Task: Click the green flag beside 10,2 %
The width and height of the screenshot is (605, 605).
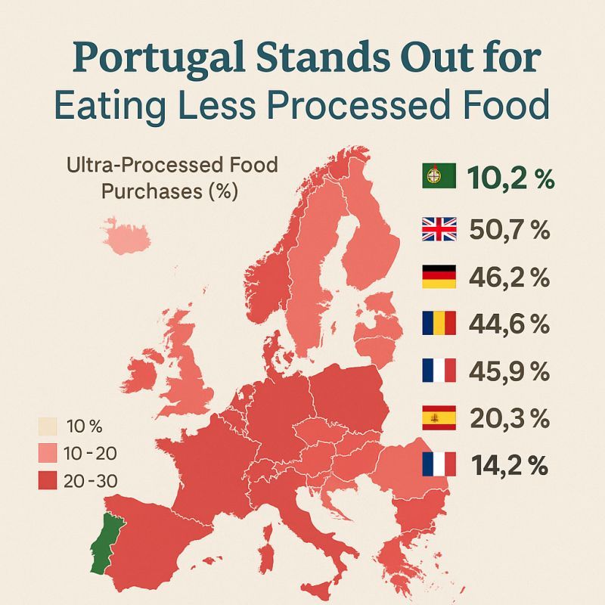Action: coord(439,178)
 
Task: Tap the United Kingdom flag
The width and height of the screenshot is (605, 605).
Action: coord(439,228)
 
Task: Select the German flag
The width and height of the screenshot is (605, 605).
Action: coord(439,276)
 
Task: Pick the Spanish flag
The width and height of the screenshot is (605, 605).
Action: coord(439,417)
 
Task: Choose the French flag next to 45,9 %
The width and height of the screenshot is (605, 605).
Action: coord(439,371)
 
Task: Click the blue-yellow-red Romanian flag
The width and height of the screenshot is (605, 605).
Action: coord(439,324)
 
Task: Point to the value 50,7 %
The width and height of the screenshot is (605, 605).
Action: coord(509,229)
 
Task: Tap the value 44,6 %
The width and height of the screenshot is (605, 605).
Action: coord(509,324)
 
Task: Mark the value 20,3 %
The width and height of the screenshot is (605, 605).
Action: coord(509,417)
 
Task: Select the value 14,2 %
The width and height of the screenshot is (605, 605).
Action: coord(509,464)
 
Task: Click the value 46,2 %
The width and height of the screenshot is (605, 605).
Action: coord(509,277)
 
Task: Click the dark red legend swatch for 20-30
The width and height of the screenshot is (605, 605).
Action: coord(48,480)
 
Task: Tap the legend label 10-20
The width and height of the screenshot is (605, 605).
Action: coord(92,453)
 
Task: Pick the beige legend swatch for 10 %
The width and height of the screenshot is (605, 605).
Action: coord(48,426)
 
